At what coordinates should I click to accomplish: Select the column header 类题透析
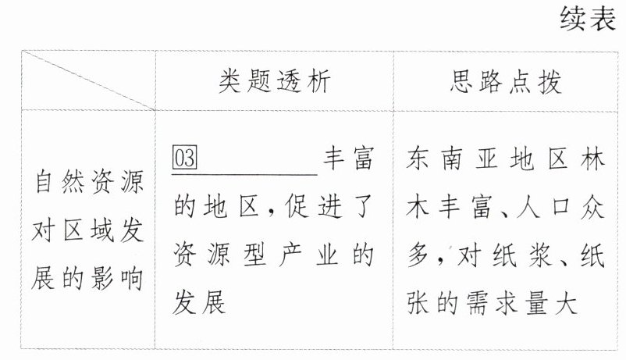coord(273,80)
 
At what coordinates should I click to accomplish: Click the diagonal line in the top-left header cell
coord(87,80)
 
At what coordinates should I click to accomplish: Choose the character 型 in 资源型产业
coord(258,255)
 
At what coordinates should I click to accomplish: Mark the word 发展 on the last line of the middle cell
coord(199,302)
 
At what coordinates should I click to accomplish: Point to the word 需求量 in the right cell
coord(507,302)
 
